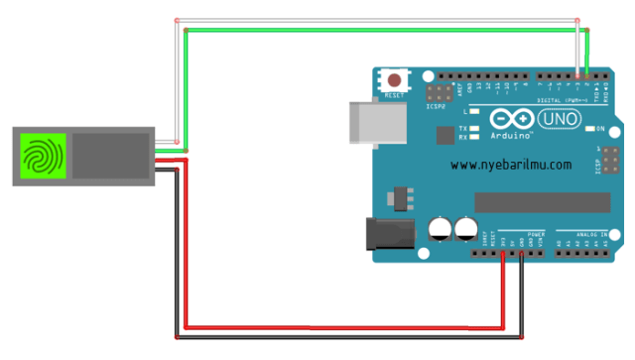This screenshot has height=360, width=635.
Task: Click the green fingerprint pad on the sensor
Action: point(42,157)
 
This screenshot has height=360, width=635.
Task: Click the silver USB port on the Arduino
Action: point(365,124)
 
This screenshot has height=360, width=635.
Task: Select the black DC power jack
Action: point(388,233)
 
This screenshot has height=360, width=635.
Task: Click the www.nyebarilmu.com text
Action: point(511,165)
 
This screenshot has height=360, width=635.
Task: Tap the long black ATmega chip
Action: point(541,202)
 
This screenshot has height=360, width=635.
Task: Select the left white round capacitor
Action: point(440,230)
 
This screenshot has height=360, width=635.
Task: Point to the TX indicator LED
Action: point(475,129)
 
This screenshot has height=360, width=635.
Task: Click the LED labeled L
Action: point(475,112)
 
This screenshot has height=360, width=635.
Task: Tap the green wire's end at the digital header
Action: point(587,74)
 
